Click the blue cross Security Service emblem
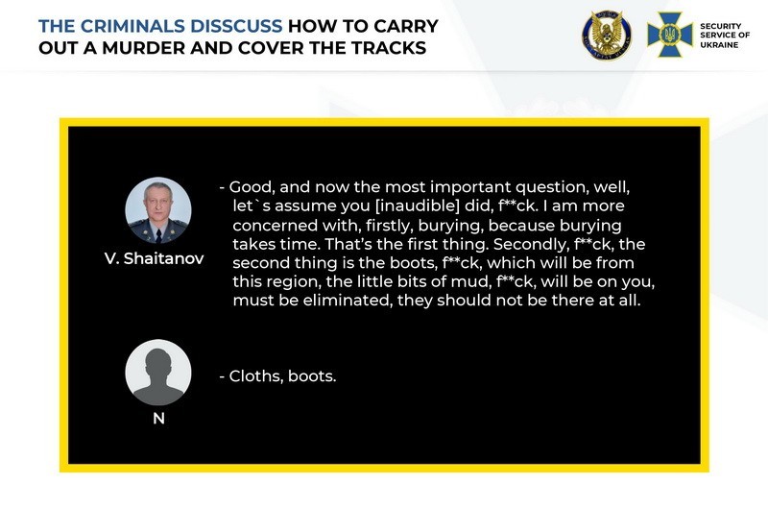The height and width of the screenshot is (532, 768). click(x=669, y=35)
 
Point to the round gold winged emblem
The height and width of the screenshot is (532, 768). click(x=607, y=36)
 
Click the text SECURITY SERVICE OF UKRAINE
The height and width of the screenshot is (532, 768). click(x=725, y=36)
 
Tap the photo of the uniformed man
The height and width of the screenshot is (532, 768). click(x=158, y=210)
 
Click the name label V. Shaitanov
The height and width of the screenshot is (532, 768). click(x=155, y=258)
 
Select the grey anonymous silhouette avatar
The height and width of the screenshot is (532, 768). click(x=158, y=373)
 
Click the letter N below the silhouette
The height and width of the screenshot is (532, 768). click(x=158, y=419)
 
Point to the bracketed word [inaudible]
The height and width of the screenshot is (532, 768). click(x=418, y=206)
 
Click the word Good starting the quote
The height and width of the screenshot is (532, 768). click(x=250, y=187)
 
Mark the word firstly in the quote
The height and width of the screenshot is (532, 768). click(x=388, y=226)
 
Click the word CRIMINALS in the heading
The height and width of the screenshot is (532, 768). click(x=132, y=26)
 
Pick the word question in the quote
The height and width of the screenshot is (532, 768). click(x=551, y=187)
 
